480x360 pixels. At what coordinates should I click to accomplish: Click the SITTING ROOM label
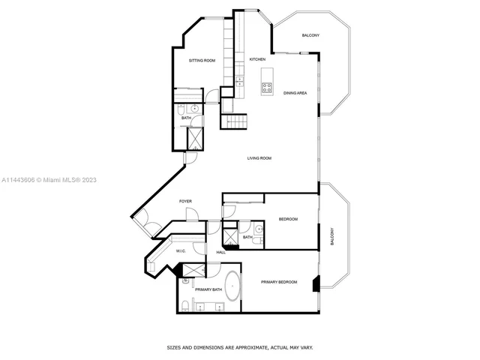point(202,60)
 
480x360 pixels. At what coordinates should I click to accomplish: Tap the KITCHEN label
point(257,59)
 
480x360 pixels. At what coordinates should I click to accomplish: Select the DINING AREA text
point(295,93)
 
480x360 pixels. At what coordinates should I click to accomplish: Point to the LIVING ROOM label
point(259,158)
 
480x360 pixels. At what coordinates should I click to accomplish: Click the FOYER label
point(185,202)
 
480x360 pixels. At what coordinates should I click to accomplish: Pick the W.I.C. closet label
point(181,251)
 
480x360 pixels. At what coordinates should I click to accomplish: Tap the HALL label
point(221,252)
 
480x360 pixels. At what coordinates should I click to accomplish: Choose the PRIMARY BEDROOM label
point(279,282)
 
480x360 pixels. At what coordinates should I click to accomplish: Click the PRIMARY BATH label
point(207,289)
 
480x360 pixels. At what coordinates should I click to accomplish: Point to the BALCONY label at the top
point(310,36)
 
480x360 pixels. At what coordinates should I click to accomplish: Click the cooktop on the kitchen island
point(266,87)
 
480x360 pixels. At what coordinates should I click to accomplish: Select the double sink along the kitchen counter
point(240,79)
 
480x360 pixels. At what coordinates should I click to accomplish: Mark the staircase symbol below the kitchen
point(232,123)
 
